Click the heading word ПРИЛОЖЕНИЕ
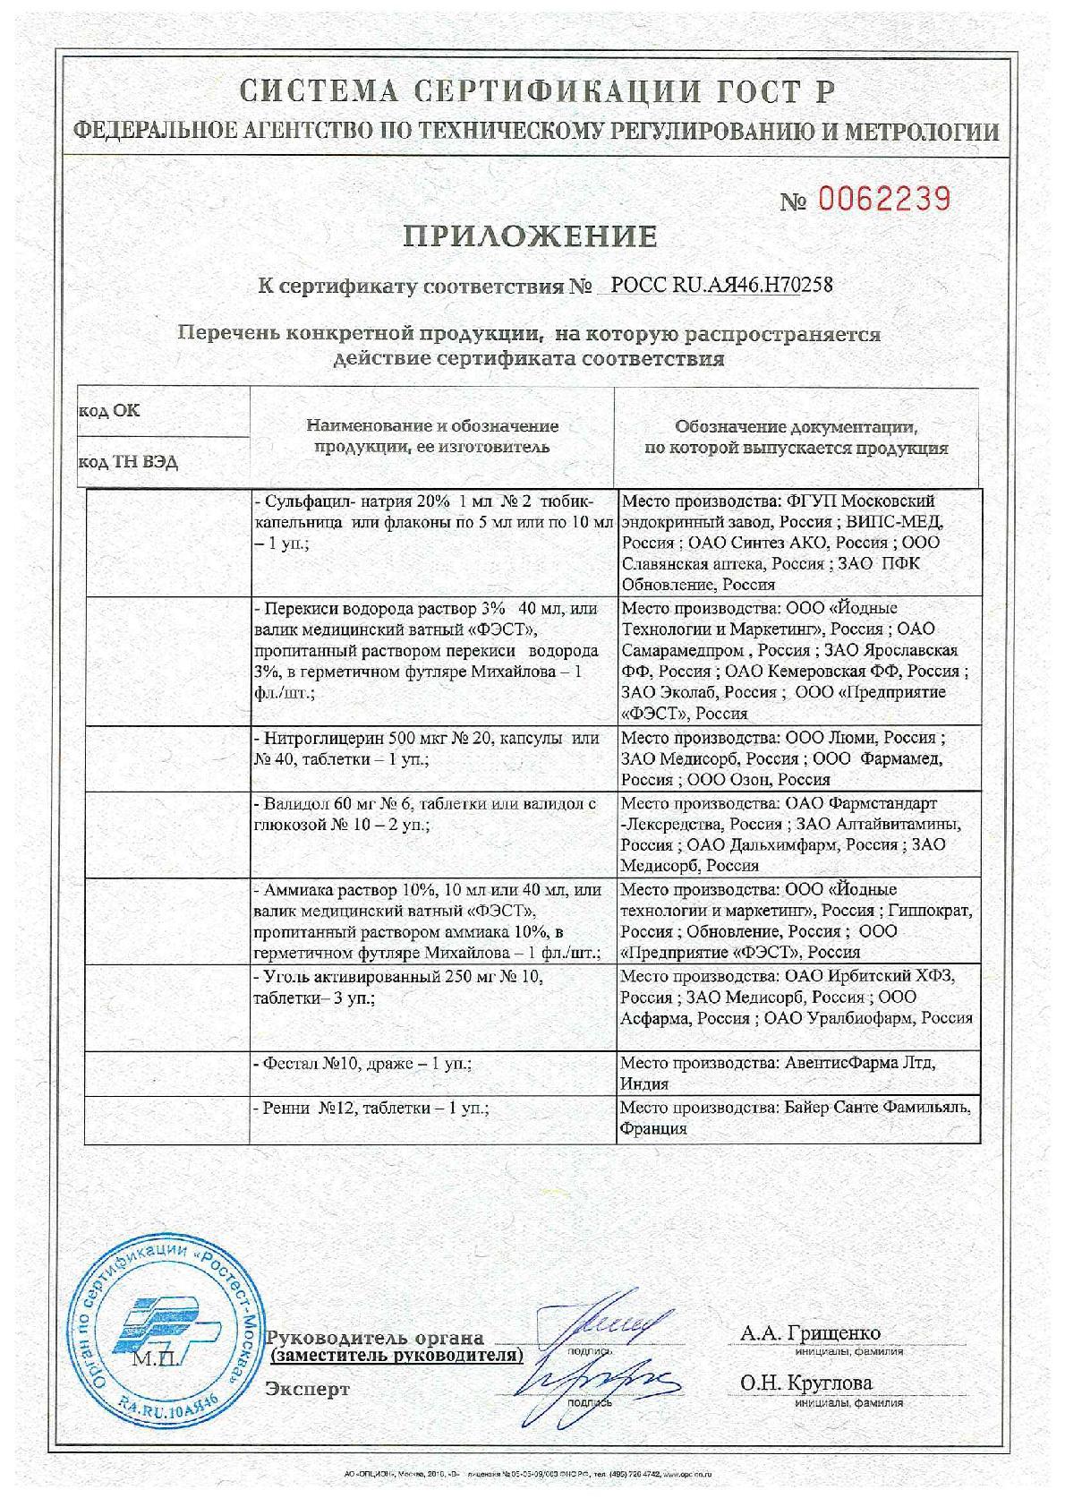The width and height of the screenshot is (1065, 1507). click(x=530, y=236)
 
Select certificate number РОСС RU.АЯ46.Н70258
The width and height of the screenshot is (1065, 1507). click(x=720, y=286)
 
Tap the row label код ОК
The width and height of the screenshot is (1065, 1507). click(x=109, y=411)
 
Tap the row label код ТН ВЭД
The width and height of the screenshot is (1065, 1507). click(x=128, y=462)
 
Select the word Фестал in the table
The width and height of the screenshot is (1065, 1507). click(x=286, y=1064)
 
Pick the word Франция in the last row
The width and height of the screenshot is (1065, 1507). click(x=654, y=1128)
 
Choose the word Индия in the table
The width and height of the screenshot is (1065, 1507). click(x=645, y=1083)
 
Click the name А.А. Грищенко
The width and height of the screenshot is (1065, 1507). click(x=810, y=1333)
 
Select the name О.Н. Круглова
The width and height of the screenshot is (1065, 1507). click(x=805, y=1383)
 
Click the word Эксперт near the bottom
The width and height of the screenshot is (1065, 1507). click(x=308, y=1389)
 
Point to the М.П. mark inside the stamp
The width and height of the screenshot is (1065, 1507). click(x=155, y=1359)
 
